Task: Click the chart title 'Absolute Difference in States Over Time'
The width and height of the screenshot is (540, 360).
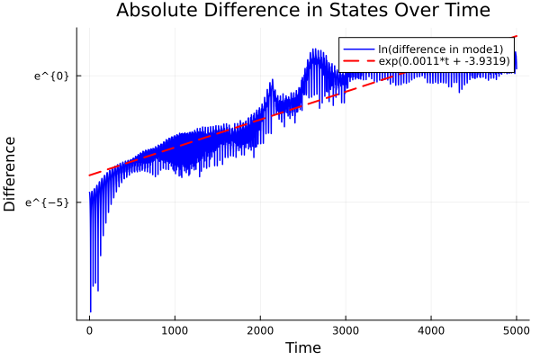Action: coord(302,11)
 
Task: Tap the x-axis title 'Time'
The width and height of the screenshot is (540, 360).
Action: coord(302,347)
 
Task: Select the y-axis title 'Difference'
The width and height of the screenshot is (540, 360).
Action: coord(10,174)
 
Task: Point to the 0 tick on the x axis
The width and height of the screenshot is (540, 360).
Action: coord(89,330)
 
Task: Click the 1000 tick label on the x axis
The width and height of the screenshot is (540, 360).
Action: coord(175,330)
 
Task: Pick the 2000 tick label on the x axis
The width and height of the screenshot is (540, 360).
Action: coord(260,330)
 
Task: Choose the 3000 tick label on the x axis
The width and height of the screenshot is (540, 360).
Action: coord(346,330)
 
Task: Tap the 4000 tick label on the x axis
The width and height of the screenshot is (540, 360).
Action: coord(431,330)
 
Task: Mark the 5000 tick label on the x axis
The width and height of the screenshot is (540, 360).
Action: coord(517,330)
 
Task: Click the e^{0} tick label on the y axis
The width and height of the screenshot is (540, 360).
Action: coord(52,76)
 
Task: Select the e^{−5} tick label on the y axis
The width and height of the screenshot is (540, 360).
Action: coord(49,202)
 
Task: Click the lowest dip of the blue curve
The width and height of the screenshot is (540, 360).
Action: coord(91,311)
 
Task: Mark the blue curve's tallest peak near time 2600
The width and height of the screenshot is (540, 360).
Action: coord(314,49)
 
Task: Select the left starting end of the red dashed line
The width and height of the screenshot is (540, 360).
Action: coord(89,175)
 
